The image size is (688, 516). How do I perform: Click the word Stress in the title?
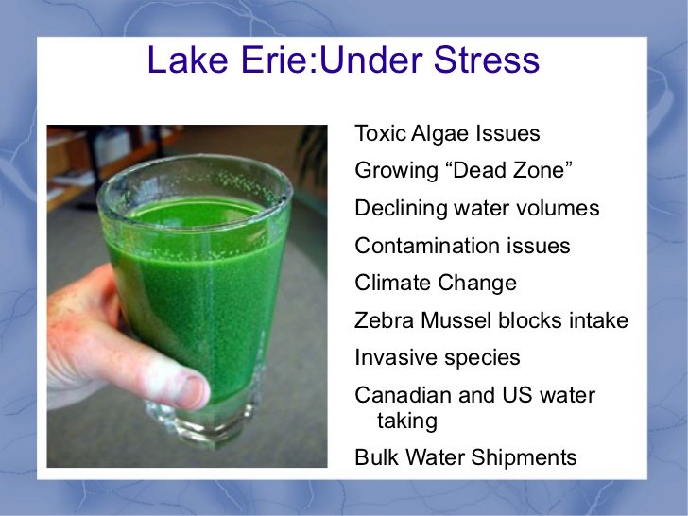tap(487, 60)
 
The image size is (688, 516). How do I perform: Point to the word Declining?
tap(401, 209)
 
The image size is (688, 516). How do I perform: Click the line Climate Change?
tap(436, 284)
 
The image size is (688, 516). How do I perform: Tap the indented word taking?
tap(407, 421)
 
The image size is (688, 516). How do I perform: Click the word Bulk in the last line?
tap(377, 456)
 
